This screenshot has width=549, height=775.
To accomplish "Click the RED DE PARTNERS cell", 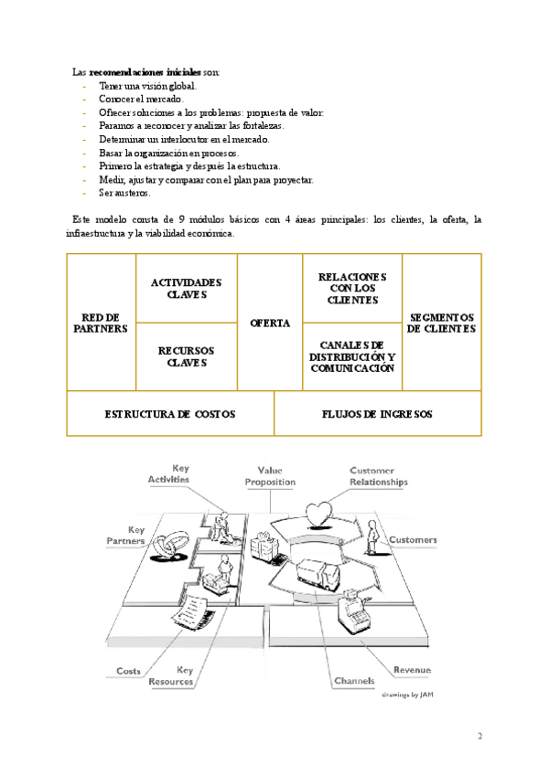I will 101,323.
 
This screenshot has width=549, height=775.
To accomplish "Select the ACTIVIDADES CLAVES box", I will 187,288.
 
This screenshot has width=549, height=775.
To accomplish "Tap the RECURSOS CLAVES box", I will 187,356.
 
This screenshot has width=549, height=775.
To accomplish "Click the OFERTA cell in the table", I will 270,323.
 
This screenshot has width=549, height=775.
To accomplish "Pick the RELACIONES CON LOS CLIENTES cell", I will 352,288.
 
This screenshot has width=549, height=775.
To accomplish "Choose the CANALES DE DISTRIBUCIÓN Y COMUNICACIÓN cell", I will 352,356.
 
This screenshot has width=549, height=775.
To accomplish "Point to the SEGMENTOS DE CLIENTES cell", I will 442,323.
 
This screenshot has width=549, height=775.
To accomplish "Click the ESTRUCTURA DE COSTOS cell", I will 170,414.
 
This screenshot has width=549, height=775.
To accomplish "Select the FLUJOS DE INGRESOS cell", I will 378,414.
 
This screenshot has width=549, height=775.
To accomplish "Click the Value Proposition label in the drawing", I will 270,475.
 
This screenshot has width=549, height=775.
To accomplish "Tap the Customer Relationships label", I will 378,476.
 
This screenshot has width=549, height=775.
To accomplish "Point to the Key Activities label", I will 168,473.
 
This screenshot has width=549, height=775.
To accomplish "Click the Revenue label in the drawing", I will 412,670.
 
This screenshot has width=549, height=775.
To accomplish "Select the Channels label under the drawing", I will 353,681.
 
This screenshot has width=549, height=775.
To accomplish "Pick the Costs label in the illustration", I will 128,671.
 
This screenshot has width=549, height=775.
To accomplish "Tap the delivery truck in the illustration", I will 317,575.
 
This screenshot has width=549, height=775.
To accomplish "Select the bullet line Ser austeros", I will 125,193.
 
